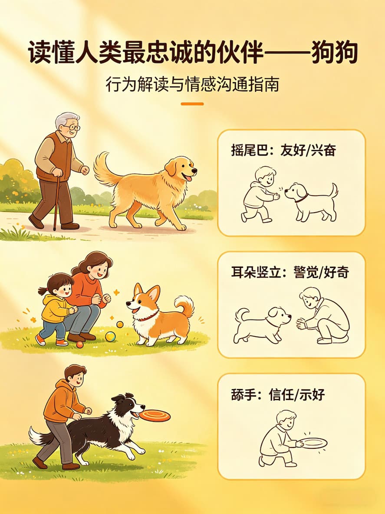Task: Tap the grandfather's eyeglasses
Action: pyautogui.click(x=72, y=128)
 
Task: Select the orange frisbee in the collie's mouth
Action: pyautogui.click(x=155, y=415)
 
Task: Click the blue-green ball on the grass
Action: pyautogui.click(x=110, y=336)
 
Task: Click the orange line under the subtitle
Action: pyautogui.click(x=192, y=104)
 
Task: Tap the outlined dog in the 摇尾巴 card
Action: pyautogui.click(x=310, y=201)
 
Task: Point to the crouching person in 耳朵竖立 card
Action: pyautogui.click(x=324, y=315)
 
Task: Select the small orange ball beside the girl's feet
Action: pyautogui.click(x=79, y=344)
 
